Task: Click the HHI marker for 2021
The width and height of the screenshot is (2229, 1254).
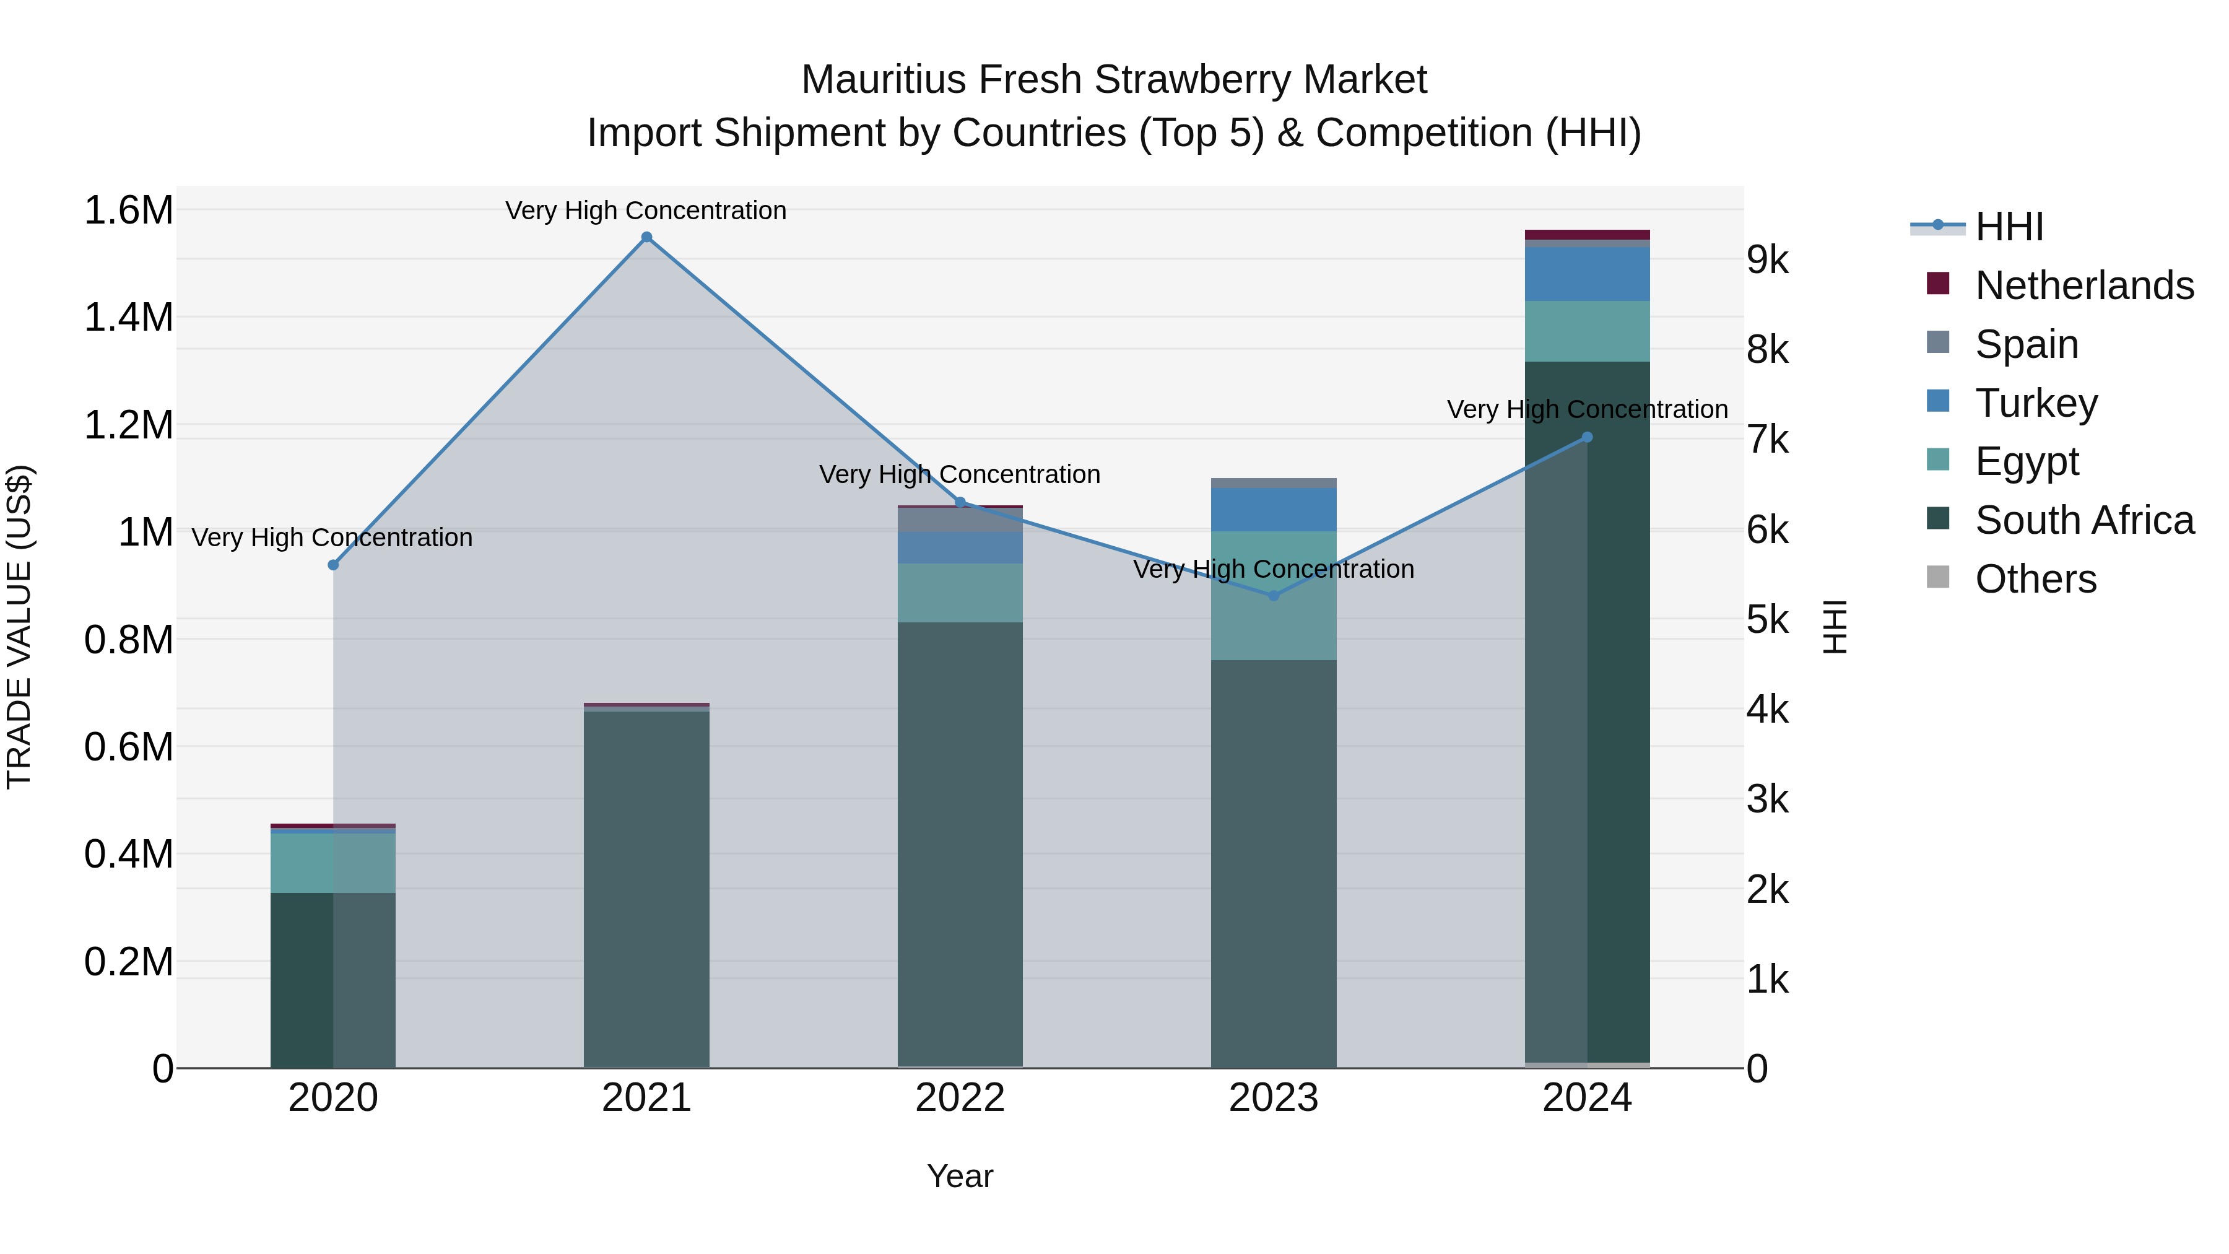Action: [646, 237]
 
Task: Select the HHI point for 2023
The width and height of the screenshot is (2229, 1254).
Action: [1273, 595]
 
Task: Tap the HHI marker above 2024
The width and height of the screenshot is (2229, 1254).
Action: [1587, 437]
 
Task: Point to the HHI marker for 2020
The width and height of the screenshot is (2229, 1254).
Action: [333, 565]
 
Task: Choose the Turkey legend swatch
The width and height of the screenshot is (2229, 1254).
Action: [1938, 401]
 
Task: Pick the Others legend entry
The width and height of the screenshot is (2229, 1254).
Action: [2035, 579]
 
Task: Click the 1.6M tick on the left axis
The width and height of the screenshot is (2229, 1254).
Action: [128, 211]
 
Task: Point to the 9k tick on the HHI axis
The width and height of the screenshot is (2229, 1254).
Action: [1768, 259]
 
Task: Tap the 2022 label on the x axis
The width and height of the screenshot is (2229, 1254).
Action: [960, 1098]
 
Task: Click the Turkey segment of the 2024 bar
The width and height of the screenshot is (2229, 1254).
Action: [1587, 274]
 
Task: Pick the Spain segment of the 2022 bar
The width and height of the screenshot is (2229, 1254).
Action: [960, 520]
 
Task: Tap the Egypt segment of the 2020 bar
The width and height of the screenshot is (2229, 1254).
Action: [333, 863]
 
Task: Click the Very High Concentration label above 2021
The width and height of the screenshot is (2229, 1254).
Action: [646, 211]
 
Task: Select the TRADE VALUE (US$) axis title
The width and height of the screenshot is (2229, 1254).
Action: [19, 627]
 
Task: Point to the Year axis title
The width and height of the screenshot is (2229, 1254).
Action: [960, 1176]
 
